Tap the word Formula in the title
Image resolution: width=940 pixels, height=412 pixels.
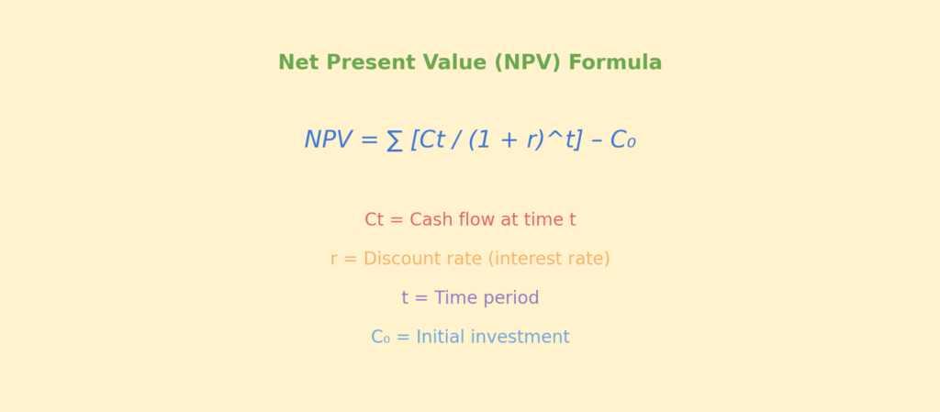(615, 62)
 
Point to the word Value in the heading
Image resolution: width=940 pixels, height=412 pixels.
(455, 62)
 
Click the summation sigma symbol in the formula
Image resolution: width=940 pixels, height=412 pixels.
(394, 140)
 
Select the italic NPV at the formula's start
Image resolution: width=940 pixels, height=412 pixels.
(328, 139)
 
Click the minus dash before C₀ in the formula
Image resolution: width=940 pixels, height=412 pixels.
(596, 141)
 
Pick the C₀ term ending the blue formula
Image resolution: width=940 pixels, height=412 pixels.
(622, 140)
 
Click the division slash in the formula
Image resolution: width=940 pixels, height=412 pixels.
(456, 140)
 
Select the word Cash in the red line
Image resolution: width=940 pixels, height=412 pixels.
(431, 220)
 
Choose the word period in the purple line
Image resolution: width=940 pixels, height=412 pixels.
(514, 298)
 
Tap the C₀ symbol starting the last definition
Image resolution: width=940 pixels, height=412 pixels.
(381, 337)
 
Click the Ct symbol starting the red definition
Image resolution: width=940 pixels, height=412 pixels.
(375, 220)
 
